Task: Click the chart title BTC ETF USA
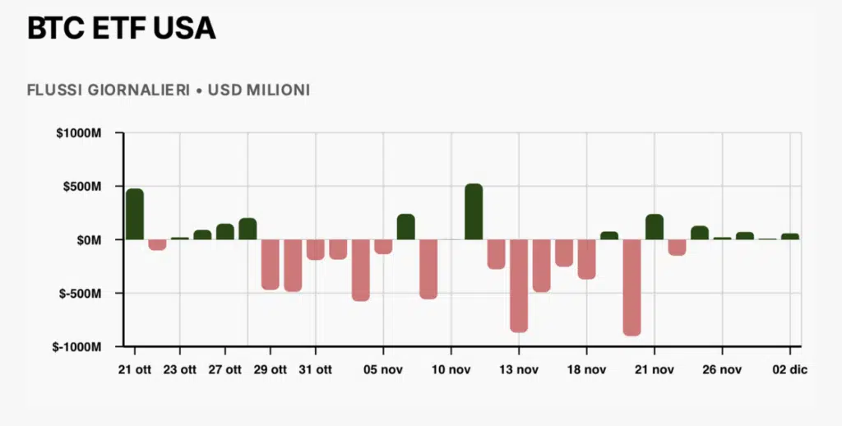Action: [121, 29]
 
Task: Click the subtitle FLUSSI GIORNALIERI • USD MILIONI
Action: [168, 90]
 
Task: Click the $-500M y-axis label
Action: [79, 294]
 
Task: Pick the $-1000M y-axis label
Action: [76, 347]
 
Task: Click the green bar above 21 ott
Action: [135, 214]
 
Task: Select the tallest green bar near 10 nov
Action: [474, 211]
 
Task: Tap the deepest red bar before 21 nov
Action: [631, 287]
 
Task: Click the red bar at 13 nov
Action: [519, 285]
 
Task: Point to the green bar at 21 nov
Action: [655, 227]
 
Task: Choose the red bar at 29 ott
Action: [270, 264]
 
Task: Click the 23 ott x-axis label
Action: [180, 370]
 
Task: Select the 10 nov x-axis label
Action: [451, 370]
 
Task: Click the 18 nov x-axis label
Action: [586, 370]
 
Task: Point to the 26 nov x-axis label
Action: [721, 370]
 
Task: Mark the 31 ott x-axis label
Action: [315, 370]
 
